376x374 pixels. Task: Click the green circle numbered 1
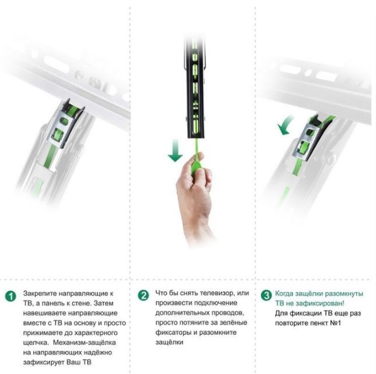[x=10, y=296]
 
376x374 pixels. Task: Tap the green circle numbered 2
[x=143, y=295]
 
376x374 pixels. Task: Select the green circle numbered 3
[x=266, y=295]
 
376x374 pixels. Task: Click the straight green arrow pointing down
[x=175, y=150]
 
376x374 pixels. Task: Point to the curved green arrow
[x=285, y=125]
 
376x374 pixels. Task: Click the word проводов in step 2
[x=228, y=313]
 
